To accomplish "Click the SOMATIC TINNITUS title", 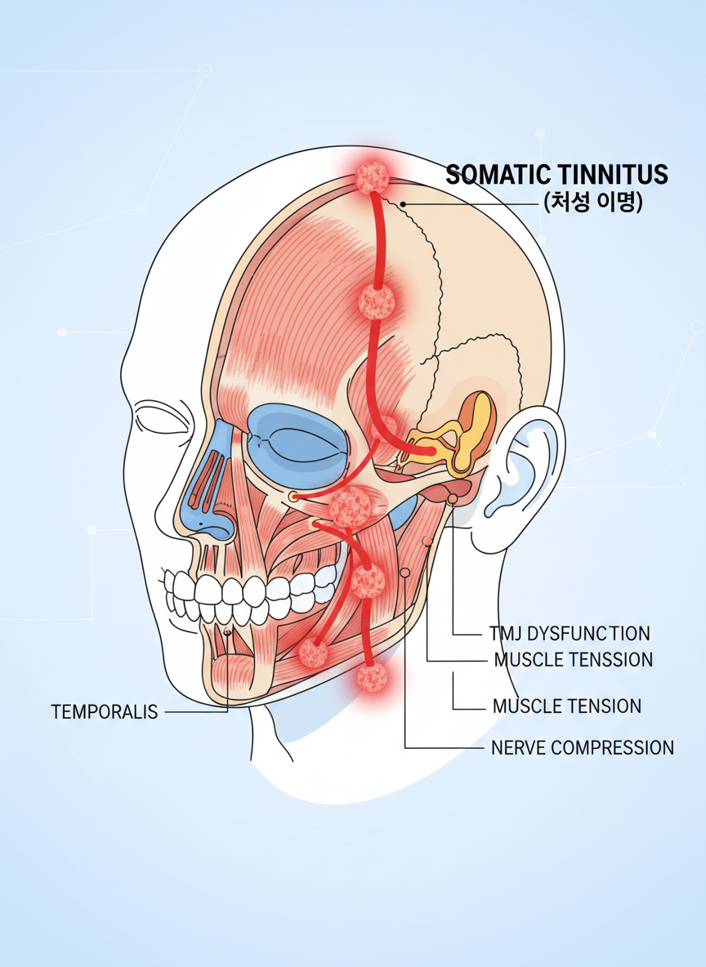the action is (x=556, y=174).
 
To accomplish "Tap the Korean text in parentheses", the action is (x=592, y=202).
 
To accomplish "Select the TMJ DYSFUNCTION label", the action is (x=570, y=633).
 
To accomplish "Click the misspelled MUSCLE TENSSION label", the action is (x=573, y=659).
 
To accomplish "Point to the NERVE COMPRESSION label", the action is (x=582, y=746).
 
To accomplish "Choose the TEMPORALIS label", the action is (x=105, y=711).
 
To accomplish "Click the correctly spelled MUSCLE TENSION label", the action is (x=567, y=706).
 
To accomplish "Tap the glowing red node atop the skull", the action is (x=373, y=176).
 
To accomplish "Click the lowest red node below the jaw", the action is (x=373, y=676).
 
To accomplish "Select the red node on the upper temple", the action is (x=377, y=302).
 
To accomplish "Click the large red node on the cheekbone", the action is (x=354, y=506).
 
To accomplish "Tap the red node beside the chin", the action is (x=313, y=653).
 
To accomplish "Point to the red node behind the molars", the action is (x=368, y=582).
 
